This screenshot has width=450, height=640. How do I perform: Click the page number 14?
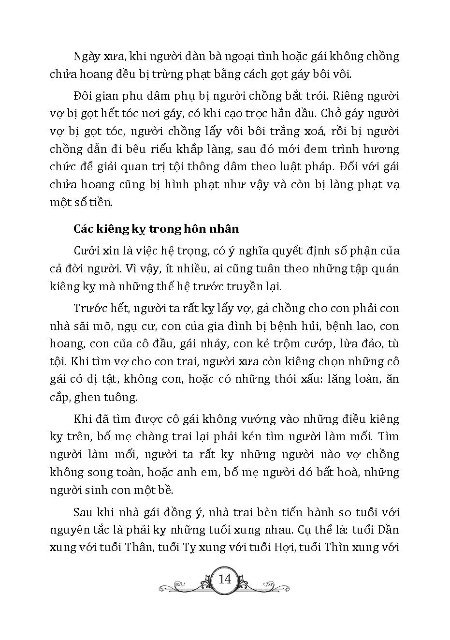tap(225, 579)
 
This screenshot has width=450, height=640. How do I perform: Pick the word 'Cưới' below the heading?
tap(86, 251)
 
